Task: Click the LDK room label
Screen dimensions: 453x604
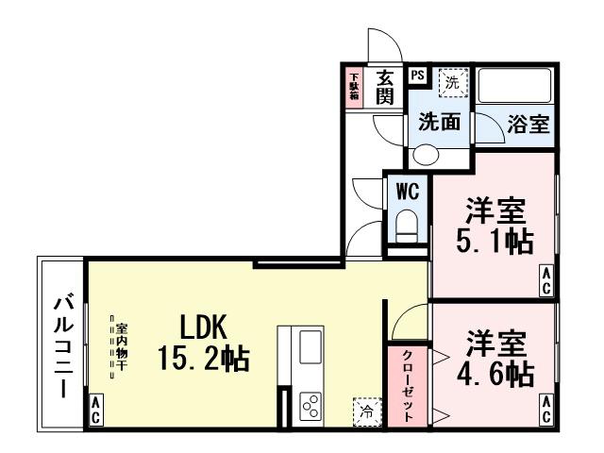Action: (204, 327)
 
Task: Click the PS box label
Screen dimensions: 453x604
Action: (416, 75)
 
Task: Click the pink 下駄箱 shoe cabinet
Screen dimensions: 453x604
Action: (355, 87)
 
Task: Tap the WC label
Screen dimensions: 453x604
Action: (407, 190)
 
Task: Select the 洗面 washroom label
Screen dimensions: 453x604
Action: (439, 123)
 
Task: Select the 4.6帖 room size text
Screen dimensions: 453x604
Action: (494, 374)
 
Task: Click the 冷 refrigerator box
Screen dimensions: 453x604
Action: (365, 411)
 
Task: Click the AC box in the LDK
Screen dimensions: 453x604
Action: (95, 410)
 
